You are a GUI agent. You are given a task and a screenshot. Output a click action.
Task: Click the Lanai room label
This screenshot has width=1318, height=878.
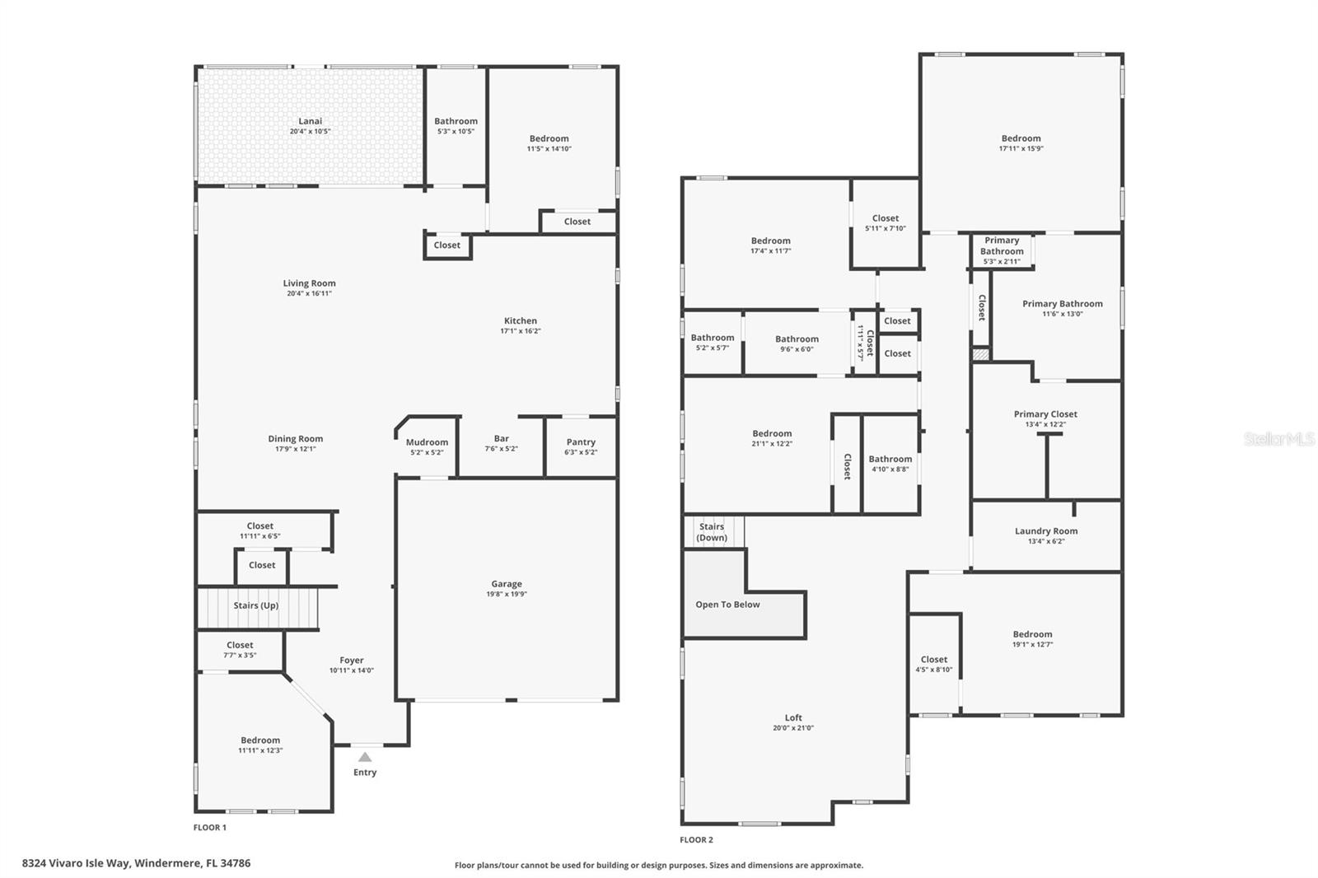point(310,121)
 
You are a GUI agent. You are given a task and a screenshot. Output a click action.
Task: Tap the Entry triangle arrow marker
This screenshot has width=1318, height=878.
point(365,757)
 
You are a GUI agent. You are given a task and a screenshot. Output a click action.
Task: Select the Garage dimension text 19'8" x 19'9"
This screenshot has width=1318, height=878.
point(507,594)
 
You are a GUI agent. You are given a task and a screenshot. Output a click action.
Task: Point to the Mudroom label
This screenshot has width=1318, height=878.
point(427,442)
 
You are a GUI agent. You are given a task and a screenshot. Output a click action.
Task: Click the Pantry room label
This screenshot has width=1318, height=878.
point(581,442)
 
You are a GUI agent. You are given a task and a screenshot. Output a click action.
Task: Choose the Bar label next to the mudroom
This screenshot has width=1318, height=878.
point(501,439)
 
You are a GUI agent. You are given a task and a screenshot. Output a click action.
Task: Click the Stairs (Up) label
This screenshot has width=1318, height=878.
point(255,605)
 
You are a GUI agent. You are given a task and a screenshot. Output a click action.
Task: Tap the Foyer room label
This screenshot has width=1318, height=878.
point(352,660)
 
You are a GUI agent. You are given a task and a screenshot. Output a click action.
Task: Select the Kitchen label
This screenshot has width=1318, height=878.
point(520,321)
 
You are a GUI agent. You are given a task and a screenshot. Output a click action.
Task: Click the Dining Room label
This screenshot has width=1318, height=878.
point(295,439)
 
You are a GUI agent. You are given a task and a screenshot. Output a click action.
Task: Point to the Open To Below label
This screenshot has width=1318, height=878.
point(727,605)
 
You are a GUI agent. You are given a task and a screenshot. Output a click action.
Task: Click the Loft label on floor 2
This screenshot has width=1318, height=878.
point(793,717)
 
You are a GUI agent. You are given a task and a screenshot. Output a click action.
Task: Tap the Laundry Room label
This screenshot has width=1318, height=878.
point(1046,531)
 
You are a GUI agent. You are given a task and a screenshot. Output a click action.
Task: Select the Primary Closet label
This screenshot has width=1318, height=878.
point(1045,414)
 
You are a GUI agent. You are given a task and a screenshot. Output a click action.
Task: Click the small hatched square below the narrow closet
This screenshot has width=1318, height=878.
point(980,354)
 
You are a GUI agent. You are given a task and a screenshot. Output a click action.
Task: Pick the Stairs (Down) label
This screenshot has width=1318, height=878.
point(712,532)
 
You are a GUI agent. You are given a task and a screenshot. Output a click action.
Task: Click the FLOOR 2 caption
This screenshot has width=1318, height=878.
point(696,840)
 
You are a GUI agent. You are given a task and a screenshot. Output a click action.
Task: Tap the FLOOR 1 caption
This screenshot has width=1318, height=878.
point(210,828)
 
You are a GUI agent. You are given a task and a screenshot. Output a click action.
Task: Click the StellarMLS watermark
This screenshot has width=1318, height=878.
point(1278,440)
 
